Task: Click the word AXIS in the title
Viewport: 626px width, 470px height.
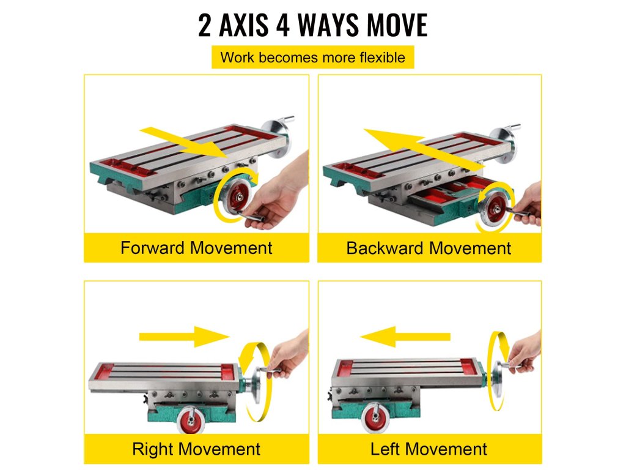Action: tap(243, 25)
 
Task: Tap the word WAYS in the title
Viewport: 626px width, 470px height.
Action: tap(328, 25)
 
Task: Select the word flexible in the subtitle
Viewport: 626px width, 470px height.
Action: tap(382, 58)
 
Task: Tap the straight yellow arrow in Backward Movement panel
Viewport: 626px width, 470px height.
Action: tap(424, 149)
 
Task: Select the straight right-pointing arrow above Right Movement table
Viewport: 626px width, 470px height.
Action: tap(185, 337)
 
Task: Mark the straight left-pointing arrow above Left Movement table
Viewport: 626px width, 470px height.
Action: tap(405, 337)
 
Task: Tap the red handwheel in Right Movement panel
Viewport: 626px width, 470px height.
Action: tap(191, 420)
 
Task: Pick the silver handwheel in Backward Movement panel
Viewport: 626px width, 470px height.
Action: tap(504, 143)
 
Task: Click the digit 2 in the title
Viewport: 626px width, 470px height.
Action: tap(204, 26)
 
